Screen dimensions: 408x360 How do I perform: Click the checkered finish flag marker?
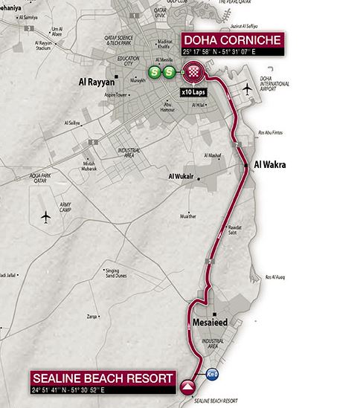pos(193,73)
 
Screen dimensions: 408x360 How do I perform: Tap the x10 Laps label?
pos(193,93)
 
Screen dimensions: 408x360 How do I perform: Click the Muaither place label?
pos(188,217)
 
